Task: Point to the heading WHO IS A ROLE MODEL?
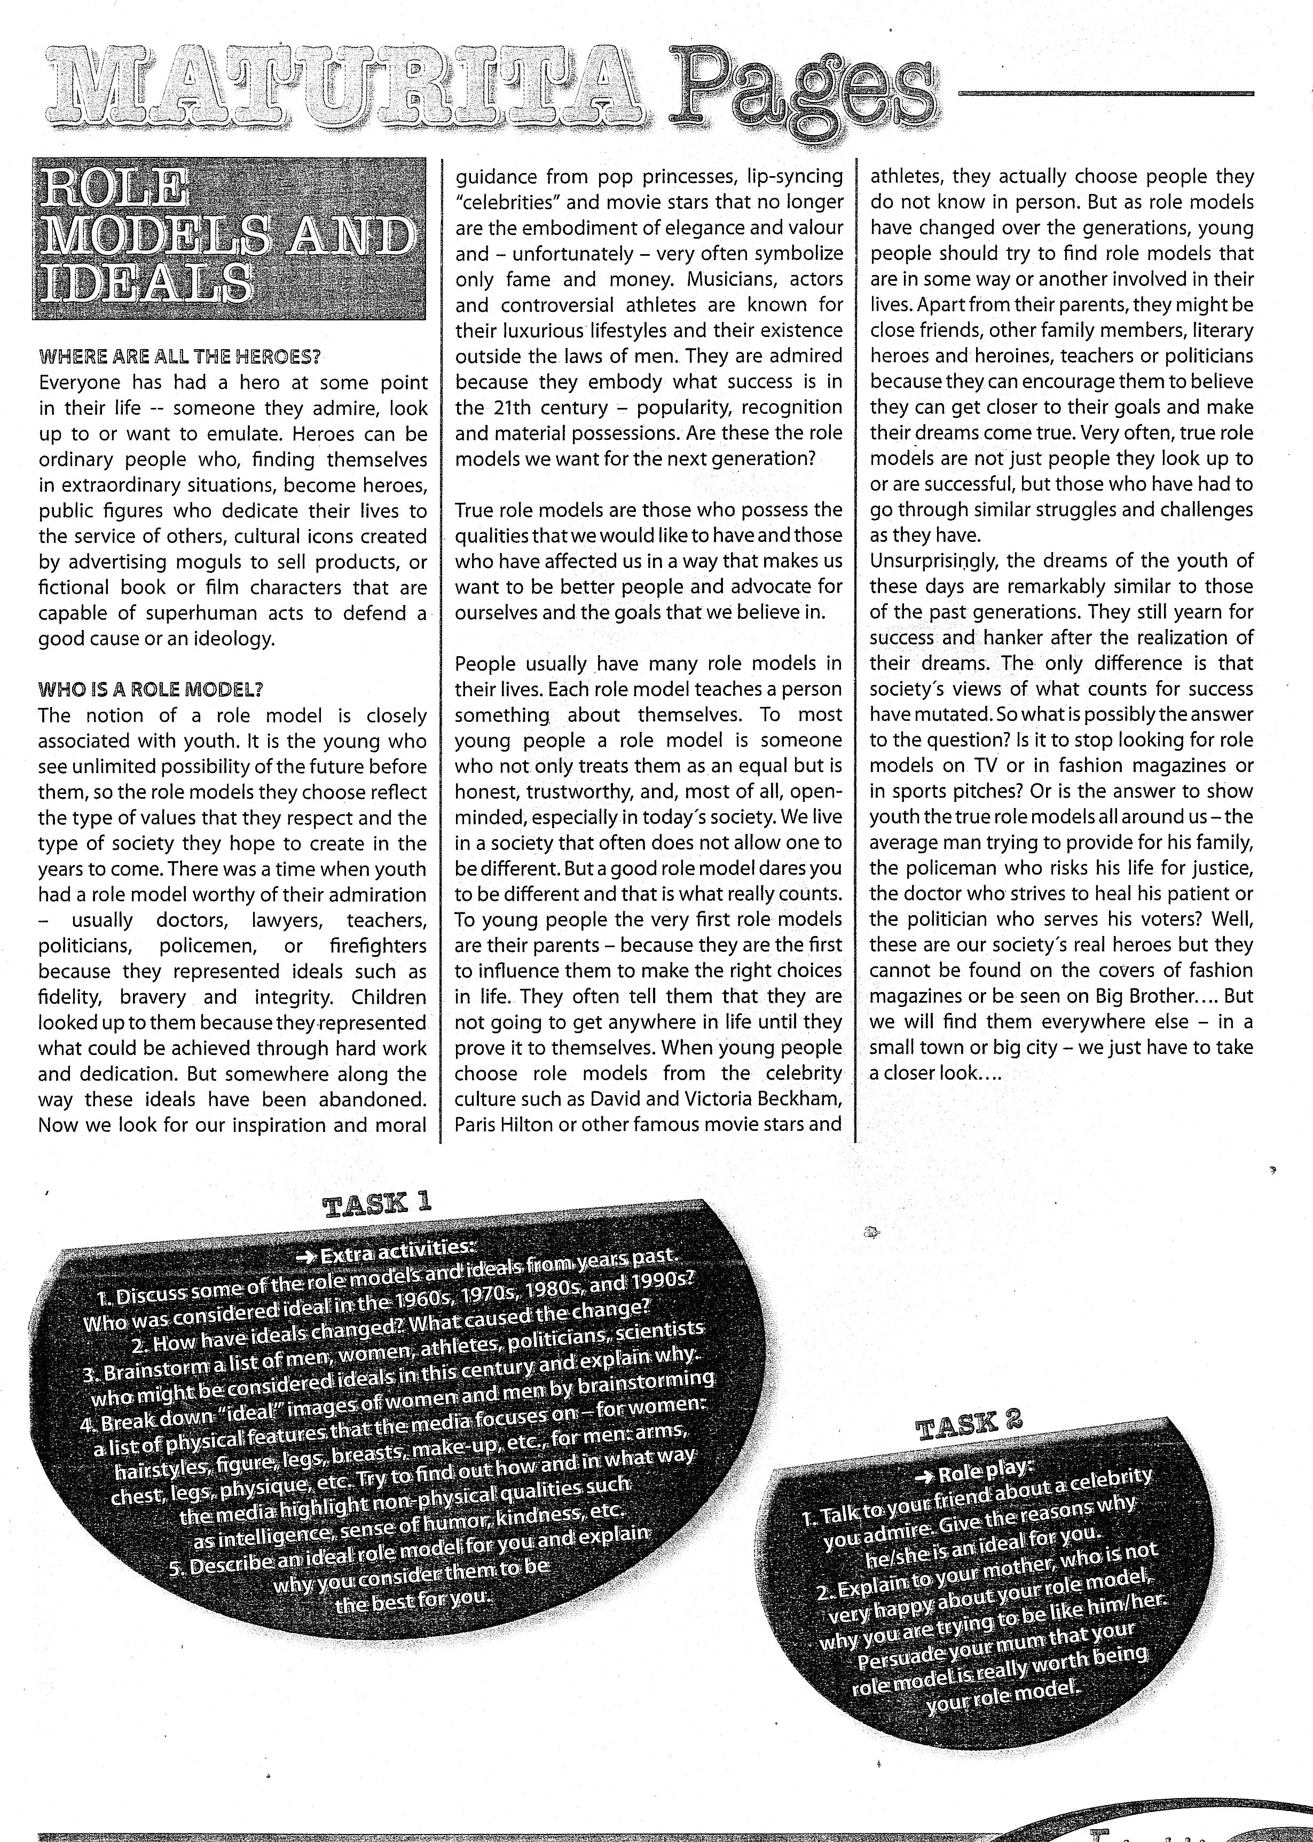point(151,689)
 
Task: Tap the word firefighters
point(379,946)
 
